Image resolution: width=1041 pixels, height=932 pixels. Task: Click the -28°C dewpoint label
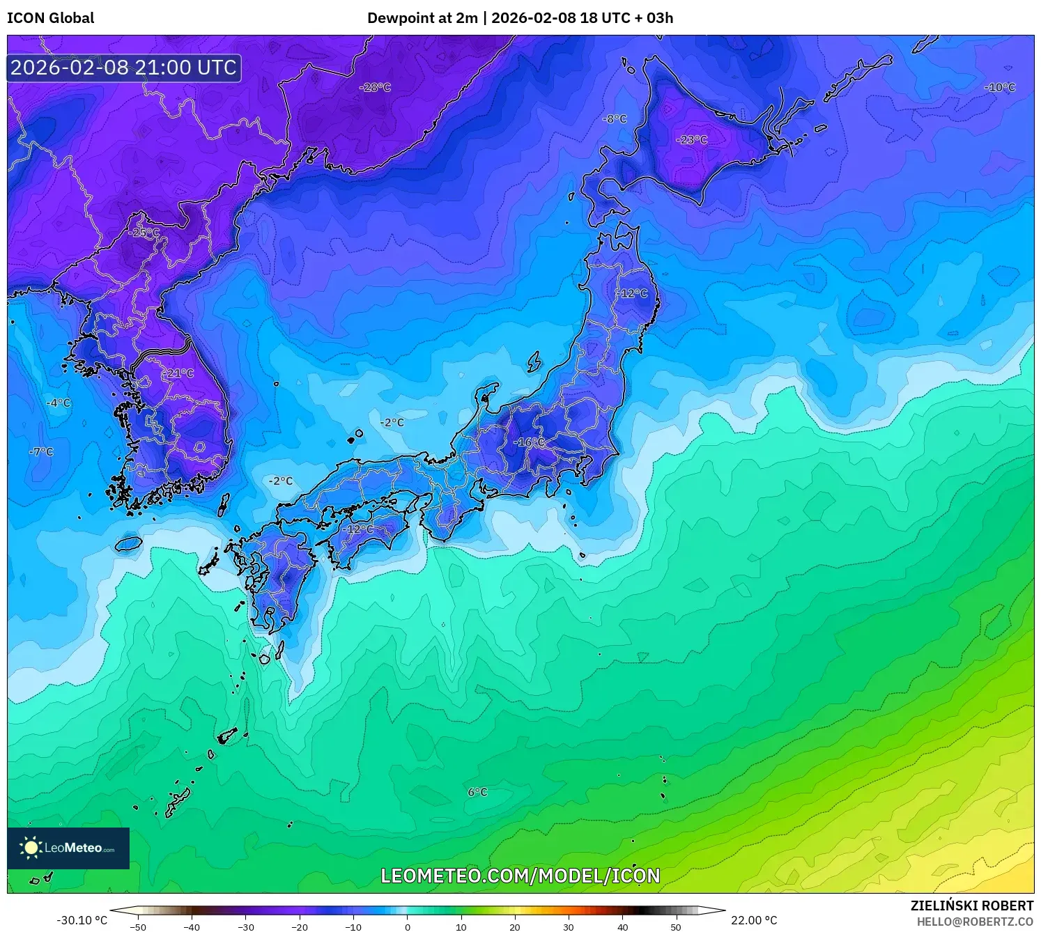coord(375,88)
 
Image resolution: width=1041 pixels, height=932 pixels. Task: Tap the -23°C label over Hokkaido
coord(691,140)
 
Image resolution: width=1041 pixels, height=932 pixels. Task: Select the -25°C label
coord(144,233)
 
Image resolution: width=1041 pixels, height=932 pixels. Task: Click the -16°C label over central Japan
coord(530,442)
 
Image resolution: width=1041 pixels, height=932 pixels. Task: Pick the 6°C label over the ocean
coord(477,792)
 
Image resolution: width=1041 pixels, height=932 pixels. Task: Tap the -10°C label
coord(999,88)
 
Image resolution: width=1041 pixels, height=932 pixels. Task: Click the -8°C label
coord(615,119)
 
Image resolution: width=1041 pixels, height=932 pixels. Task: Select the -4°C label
coord(59,403)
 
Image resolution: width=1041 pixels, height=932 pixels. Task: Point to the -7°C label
coord(41,451)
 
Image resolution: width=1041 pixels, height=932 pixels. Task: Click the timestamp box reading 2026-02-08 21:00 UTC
coord(124,68)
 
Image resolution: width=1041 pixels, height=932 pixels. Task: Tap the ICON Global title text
coord(50,18)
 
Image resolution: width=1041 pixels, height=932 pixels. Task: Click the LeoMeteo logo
coord(68,848)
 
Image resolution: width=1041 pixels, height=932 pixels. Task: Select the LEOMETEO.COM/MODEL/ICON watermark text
coord(520,876)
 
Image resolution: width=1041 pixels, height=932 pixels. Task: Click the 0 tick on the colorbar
coord(408,926)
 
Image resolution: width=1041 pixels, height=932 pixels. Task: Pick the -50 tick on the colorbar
coord(138,926)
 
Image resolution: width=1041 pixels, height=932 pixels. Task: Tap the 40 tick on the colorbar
coord(622,926)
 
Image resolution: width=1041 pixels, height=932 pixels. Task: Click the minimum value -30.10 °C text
coord(82,920)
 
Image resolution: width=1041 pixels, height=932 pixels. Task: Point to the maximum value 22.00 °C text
coord(754,920)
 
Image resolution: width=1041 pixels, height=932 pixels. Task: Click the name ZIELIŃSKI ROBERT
coord(971,906)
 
